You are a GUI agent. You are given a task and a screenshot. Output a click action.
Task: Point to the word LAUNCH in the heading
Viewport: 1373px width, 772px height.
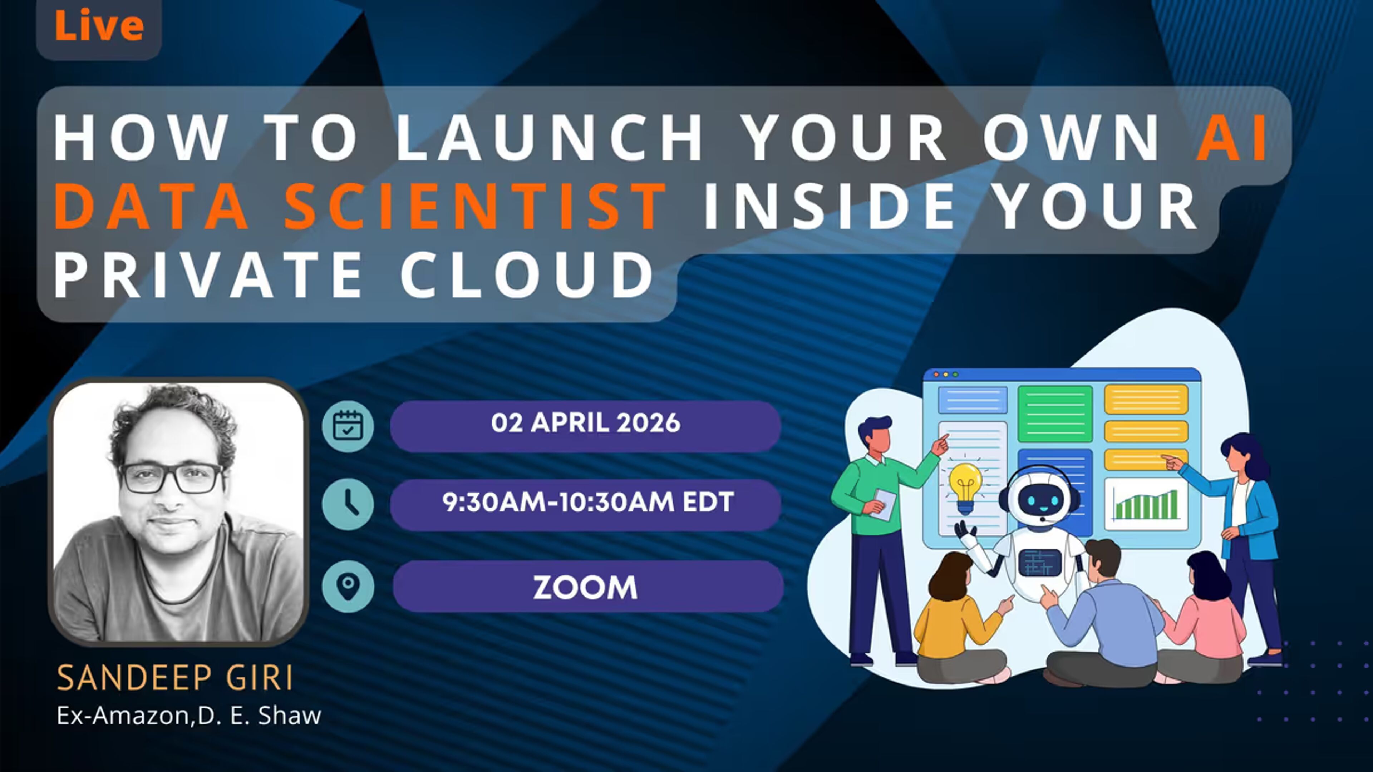(x=549, y=138)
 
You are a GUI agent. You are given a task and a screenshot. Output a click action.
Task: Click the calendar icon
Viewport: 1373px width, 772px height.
(x=348, y=426)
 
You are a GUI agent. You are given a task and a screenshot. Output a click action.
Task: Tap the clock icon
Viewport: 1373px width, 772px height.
(x=348, y=504)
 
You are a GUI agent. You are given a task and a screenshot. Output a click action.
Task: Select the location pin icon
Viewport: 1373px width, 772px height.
(x=348, y=586)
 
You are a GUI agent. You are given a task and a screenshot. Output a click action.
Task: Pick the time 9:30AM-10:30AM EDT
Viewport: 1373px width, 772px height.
(x=588, y=502)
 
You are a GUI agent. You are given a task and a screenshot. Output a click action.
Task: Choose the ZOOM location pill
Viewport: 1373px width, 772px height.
(x=588, y=586)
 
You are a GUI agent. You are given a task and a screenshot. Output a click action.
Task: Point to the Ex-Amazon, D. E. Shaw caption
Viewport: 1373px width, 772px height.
(x=189, y=716)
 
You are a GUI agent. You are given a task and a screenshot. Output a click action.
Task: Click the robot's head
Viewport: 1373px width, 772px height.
(x=1039, y=498)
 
